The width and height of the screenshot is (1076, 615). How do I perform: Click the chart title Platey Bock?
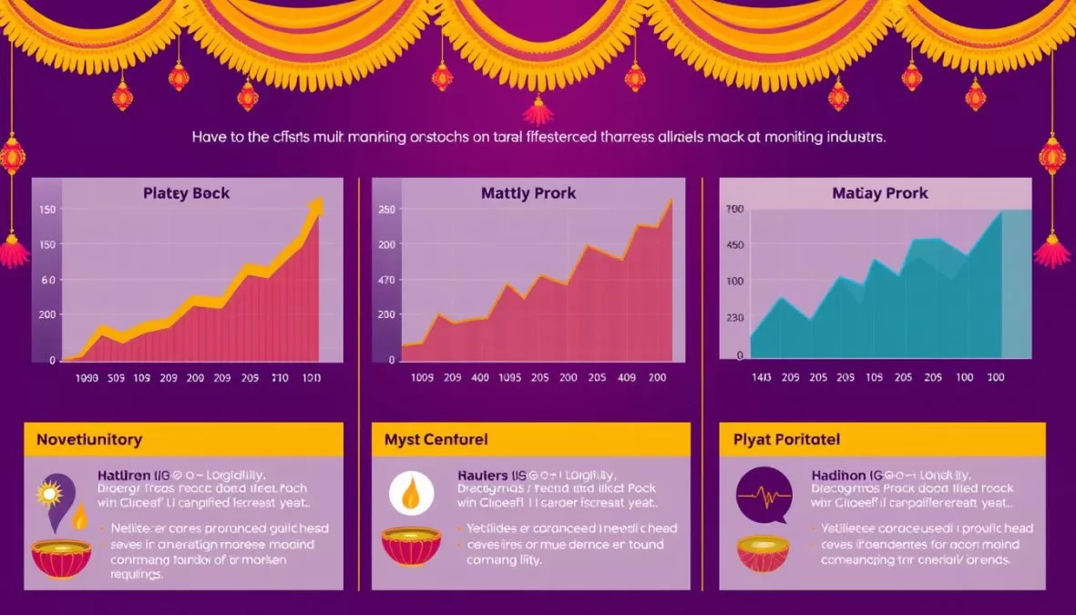[x=186, y=193]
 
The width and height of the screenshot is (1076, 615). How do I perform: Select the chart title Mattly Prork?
[x=528, y=193]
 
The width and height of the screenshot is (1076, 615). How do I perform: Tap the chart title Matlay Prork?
[x=880, y=193]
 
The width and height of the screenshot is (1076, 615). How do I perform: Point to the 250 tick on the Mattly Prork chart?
[x=386, y=210]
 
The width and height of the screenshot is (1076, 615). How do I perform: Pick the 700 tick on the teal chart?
[x=734, y=210]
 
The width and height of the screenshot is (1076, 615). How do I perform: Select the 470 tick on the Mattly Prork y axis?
[x=386, y=280]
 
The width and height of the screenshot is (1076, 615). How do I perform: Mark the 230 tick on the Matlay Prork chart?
[x=734, y=318]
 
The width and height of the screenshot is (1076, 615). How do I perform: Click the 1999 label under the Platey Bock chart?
[x=87, y=378]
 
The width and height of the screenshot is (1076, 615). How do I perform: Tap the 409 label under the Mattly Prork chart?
[x=626, y=378]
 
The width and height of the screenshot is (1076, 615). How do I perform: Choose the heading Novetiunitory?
[x=89, y=439]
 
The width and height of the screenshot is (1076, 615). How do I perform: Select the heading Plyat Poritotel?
[x=786, y=439]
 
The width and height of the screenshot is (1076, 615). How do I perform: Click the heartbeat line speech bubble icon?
[x=763, y=495]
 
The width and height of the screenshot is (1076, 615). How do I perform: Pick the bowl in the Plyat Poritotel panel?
[x=763, y=552]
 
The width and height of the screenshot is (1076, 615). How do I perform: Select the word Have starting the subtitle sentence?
[x=210, y=138]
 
